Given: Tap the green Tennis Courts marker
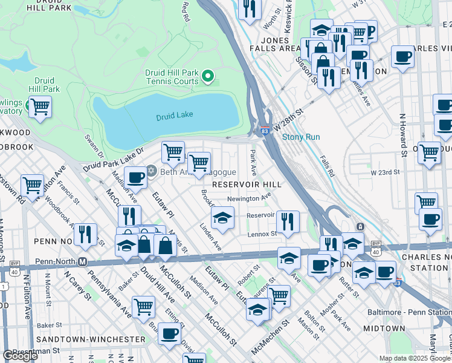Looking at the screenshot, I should [x=208, y=76].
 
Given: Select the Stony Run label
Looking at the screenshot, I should [x=301, y=137].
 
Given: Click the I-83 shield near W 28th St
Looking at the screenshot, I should [x=265, y=129].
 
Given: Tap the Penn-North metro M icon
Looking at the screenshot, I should [x=83, y=262].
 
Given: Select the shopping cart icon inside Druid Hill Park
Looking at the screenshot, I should [x=40, y=108].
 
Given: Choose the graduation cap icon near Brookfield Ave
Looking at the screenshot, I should [x=222, y=217].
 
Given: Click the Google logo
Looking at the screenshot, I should [x=20, y=356].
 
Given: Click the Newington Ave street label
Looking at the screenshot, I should [x=248, y=198].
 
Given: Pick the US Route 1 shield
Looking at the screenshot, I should [x=5, y=285].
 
